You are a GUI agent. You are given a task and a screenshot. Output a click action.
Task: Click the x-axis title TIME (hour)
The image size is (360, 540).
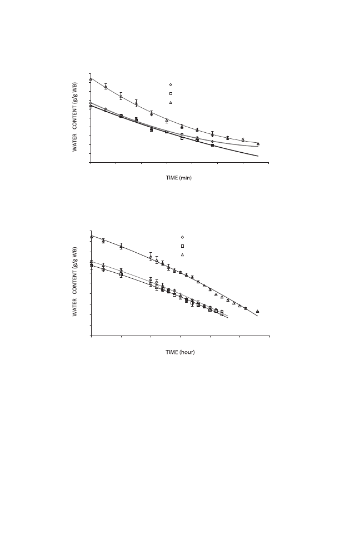(x=180, y=352)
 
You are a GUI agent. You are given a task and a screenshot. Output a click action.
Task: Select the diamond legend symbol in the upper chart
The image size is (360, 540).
(x=171, y=84)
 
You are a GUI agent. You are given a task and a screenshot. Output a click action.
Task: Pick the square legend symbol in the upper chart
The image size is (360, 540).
(x=171, y=93)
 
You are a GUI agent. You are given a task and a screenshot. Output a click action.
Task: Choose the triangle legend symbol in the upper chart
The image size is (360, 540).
(x=171, y=103)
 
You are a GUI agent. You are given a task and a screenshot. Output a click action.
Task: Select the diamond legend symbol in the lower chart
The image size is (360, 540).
(x=182, y=237)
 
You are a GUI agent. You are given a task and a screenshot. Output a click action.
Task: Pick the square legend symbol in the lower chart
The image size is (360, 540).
(x=182, y=246)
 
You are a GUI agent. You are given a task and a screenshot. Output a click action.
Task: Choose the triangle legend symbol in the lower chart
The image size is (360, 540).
(x=182, y=254)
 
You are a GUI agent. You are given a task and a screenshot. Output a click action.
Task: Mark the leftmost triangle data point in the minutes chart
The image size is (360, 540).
(x=91, y=79)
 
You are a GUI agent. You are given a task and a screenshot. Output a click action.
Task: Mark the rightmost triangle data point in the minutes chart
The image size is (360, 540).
(x=258, y=144)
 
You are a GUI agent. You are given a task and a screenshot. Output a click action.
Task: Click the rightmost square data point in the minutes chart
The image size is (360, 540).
(x=212, y=145)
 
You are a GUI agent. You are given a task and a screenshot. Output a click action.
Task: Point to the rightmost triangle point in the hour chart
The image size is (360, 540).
(x=257, y=311)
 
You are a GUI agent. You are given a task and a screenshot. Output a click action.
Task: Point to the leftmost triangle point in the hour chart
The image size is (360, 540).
(x=91, y=237)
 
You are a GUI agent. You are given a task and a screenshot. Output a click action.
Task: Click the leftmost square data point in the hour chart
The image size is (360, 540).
(x=91, y=266)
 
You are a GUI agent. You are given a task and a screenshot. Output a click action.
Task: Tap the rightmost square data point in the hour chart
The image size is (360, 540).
(x=222, y=314)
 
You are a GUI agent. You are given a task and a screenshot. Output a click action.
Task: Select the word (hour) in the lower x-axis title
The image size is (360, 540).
(x=187, y=352)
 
